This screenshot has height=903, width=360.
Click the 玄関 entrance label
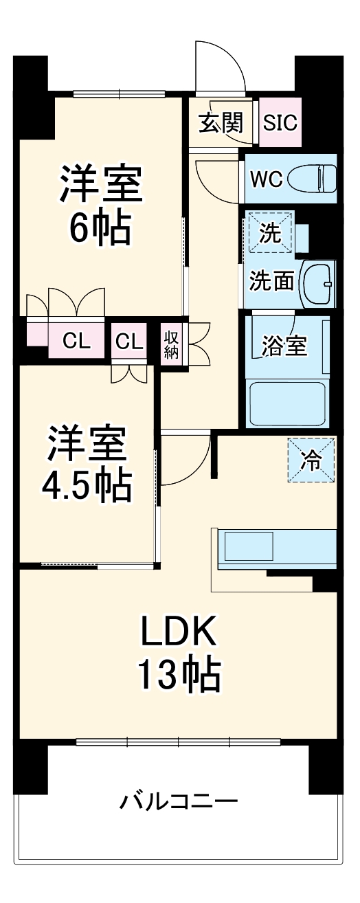(221, 123)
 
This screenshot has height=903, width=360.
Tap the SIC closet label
(281, 123)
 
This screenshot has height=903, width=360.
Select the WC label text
(266, 179)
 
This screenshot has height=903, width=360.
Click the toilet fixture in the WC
(313, 179)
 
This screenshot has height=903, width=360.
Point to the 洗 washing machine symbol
(270, 233)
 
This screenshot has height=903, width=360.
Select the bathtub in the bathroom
(286, 403)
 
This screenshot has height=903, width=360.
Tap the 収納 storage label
(171, 344)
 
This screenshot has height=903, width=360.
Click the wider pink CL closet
(76, 341)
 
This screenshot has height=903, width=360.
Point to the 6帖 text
(100, 228)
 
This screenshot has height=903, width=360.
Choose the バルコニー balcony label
(179, 801)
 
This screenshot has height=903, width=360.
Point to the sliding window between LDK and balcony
(179, 742)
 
